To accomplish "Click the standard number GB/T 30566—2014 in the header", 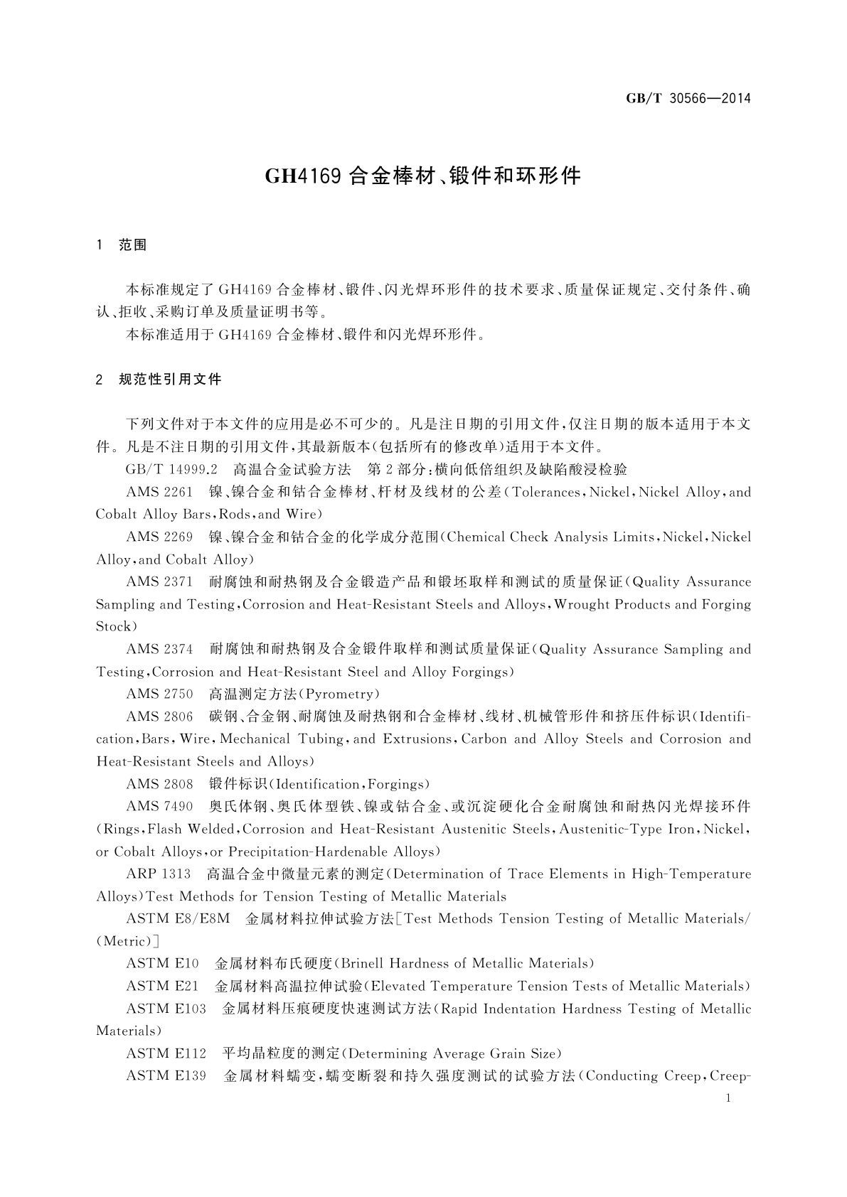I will pos(688,98).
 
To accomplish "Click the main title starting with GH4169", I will pos(423,176).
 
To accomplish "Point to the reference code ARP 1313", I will pos(159,874).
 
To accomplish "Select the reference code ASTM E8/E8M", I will pos(178,919).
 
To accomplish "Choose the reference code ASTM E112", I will pos(166,1054).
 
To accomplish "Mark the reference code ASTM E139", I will pos(166,1076).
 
